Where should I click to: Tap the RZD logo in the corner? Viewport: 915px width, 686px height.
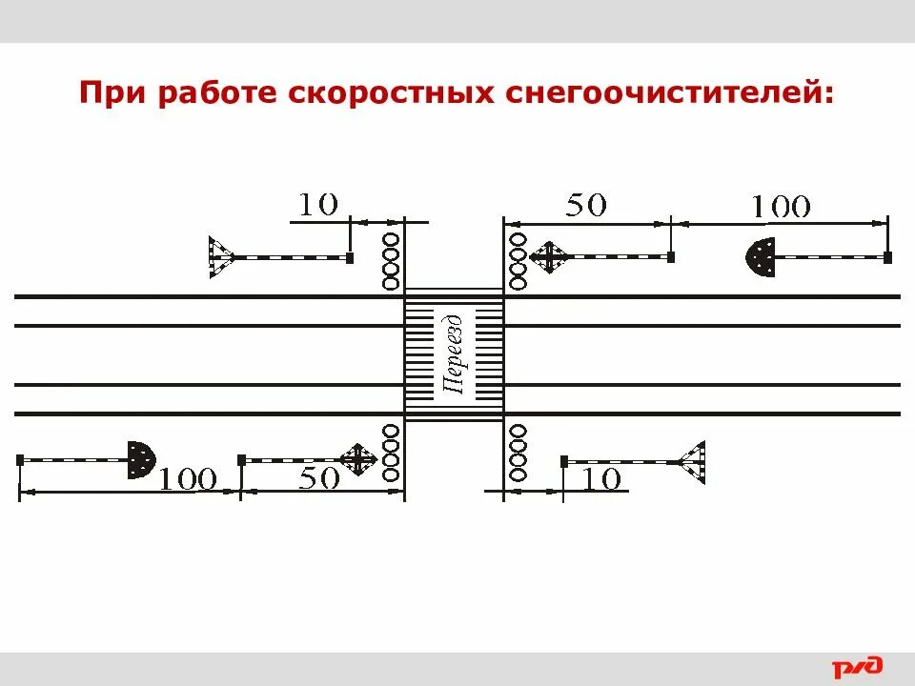point(858,668)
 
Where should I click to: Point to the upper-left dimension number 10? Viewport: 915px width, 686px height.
point(318,204)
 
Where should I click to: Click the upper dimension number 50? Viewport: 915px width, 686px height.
point(586,205)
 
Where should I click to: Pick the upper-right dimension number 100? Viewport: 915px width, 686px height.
point(781,207)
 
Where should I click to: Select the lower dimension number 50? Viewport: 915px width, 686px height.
point(318,478)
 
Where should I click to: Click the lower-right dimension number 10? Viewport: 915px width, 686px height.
point(600,478)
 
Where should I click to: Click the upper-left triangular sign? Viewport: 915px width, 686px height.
point(220,257)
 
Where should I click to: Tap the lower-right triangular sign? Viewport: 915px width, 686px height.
point(692,462)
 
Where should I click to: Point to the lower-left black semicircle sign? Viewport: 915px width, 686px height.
point(140,460)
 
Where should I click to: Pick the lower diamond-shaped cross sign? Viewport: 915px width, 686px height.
point(356,460)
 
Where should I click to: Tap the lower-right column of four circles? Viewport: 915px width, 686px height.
point(518,453)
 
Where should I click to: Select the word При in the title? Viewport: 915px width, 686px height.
point(105,93)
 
